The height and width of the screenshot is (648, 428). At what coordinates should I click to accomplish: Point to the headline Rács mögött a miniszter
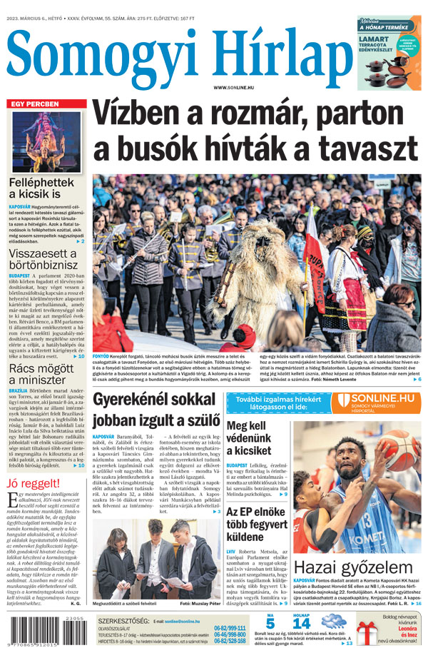[41, 375]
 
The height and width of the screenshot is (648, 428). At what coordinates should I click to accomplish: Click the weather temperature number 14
[302, 623]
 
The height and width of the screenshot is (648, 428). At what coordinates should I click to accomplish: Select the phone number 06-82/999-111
[230, 628]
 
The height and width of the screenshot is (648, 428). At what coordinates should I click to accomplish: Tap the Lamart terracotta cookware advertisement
[389, 54]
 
